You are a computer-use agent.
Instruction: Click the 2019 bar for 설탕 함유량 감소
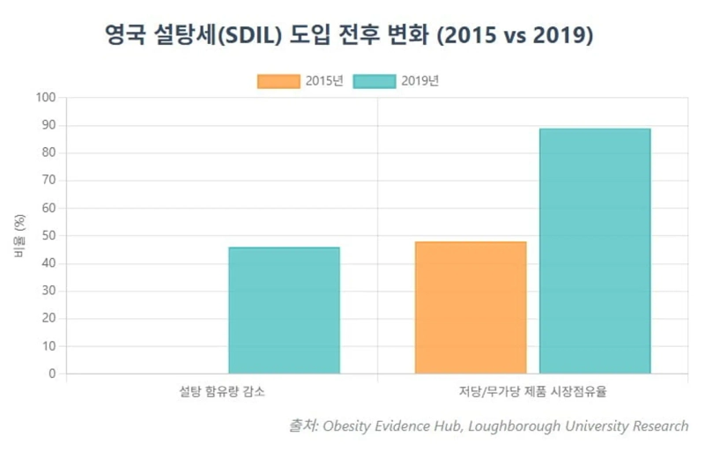pos(284,310)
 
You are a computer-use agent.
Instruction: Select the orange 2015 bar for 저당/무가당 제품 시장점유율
pos(471,307)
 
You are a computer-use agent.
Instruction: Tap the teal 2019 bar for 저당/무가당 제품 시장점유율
pos(595,251)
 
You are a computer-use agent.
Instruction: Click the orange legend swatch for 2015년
pos(278,81)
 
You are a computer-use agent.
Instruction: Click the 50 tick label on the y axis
pos(49,236)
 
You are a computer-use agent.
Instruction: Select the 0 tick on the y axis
pos(53,374)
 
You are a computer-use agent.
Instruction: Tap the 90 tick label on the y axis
pos(49,125)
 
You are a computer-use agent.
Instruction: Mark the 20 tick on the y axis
pos(49,319)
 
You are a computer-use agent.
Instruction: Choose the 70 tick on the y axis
pos(49,181)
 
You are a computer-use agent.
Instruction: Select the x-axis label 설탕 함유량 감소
pos(222,391)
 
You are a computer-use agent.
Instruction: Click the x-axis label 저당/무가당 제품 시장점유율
pos(532,391)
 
